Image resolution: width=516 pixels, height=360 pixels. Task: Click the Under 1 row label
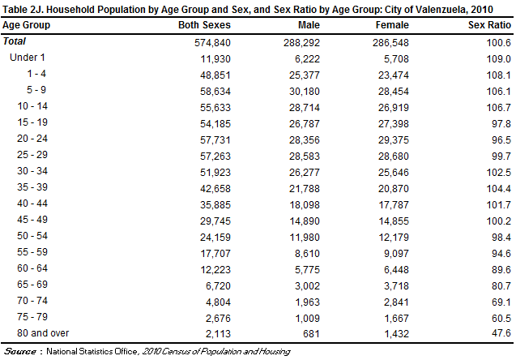pos(28,58)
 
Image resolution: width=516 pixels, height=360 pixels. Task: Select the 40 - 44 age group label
pos(33,220)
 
